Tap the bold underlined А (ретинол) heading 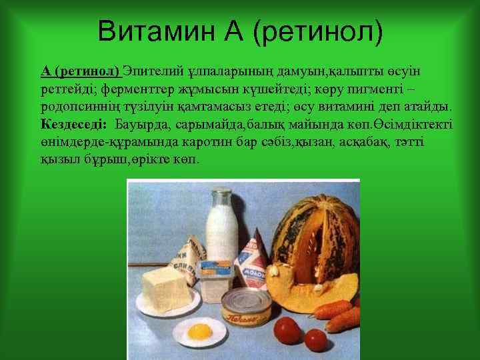81,71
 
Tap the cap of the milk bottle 221,195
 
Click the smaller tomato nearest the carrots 316,340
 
